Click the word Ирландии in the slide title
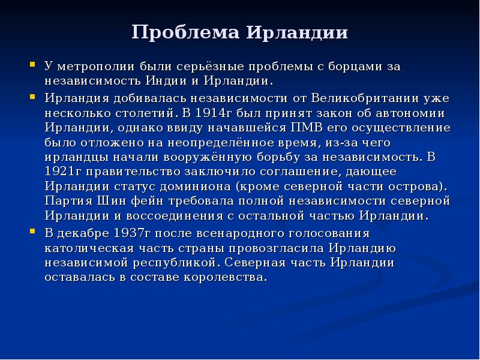click(298, 32)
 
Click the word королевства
click(227, 277)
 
